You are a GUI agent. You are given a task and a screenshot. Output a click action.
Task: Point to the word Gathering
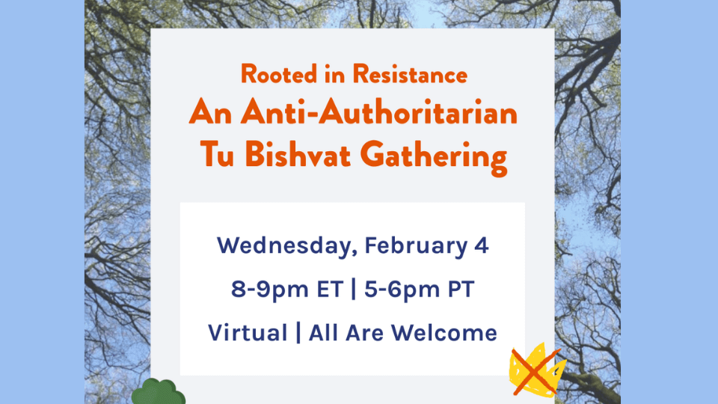click(435, 157)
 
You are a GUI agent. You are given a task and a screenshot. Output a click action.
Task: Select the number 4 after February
click(482, 246)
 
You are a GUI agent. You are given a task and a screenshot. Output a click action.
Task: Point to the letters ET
click(326, 289)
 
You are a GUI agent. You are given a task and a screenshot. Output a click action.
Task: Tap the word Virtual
click(247, 331)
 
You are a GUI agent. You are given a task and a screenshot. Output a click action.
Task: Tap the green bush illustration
click(158, 392)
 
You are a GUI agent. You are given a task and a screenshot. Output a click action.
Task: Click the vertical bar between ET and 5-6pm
click(354, 290)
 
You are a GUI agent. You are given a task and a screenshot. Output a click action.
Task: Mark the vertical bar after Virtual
click(298, 332)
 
